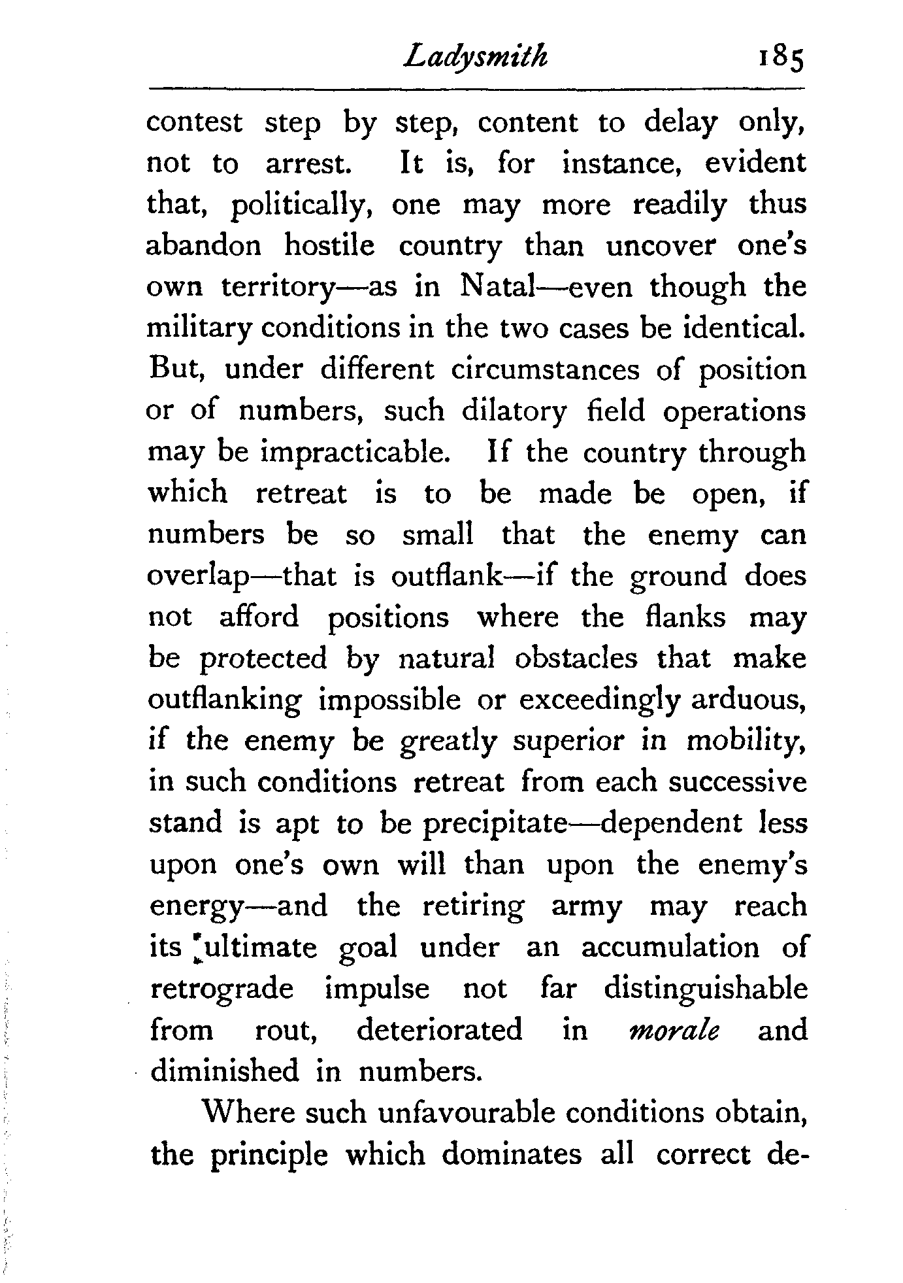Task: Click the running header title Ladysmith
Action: point(475,58)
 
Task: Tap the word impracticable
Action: point(355,453)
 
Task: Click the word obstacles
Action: point(576,658)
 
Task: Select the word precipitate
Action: point(494,823)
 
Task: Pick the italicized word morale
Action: point(673,1030)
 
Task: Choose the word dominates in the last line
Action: point(512,1154)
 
